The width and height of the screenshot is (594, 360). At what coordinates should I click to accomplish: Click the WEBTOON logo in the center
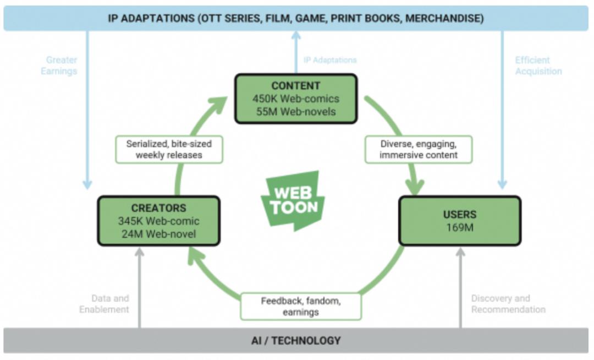click(x=293, y=200)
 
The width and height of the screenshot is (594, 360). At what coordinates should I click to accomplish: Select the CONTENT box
click(x=296, y=99)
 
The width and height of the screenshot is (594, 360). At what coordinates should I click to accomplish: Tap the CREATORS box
click(x=159, y=221)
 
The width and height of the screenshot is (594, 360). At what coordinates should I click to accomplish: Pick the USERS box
click(x=460, y=221)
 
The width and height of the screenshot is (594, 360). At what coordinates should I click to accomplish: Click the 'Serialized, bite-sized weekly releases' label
click(x=169, y=149)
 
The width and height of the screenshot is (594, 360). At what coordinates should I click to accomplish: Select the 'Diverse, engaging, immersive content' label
click(x=419, y=149)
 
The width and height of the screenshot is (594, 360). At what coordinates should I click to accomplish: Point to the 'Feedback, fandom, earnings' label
click(x=301, y=306)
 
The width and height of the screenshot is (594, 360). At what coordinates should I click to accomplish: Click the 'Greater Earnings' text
click(x=59, y=66)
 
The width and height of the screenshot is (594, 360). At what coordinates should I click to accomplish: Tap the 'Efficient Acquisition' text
click(x=538, y=66)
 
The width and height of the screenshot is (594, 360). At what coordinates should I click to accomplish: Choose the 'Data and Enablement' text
click(x=104, y=304)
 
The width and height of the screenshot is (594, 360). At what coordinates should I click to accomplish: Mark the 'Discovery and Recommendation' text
click(x=508, y=304)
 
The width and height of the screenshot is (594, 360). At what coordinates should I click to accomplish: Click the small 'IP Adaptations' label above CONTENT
click(x=330, y=60)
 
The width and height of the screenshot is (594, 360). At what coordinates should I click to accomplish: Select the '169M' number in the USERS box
click(x=460, y=227)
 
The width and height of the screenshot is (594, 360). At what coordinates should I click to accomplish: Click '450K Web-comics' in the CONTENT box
click(x=296, y=99)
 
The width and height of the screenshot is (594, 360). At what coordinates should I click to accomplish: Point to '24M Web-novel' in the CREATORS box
click(x=159, y=234)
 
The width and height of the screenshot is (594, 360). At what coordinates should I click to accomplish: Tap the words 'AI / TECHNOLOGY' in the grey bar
click(x=296, y=341)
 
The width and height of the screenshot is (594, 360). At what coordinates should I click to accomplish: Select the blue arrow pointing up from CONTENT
click(x=296, y=52)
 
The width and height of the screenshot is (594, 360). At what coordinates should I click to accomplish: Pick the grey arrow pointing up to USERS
click(x=460, y=288)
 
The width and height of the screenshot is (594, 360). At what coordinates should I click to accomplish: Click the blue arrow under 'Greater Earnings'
click(x=87, y=110)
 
